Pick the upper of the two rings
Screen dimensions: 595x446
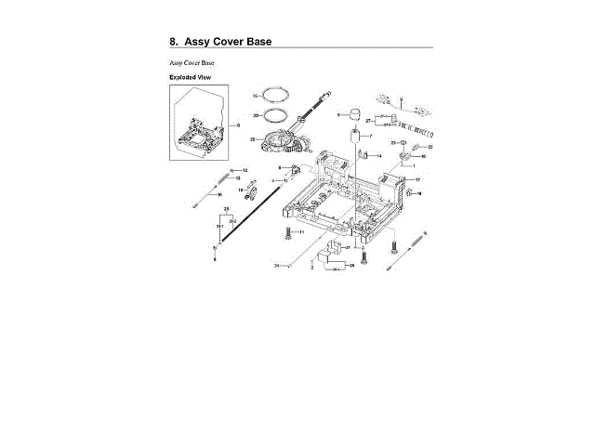pyautogui.click(x=271, y=97)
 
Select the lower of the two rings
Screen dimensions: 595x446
pyautogui.click(x=272, y=116)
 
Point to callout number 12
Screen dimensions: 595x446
pyautogui.click(x=246, y=170)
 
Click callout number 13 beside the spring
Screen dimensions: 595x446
pyautogui.click(x=238, y=178)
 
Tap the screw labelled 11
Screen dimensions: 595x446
pyautogui.click(x=288, y=231)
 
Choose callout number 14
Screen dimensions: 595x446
pyautogui.click(x=379, y=155)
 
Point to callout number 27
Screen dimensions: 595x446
pyautogui.click(x=368, y=122)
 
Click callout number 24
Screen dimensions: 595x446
pyautogui.click(x=276, y=266)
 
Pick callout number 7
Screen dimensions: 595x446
pyautogui.click(x=370, y=137)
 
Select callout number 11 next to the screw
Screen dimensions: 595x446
pyautogui.click(x=301, y=231)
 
